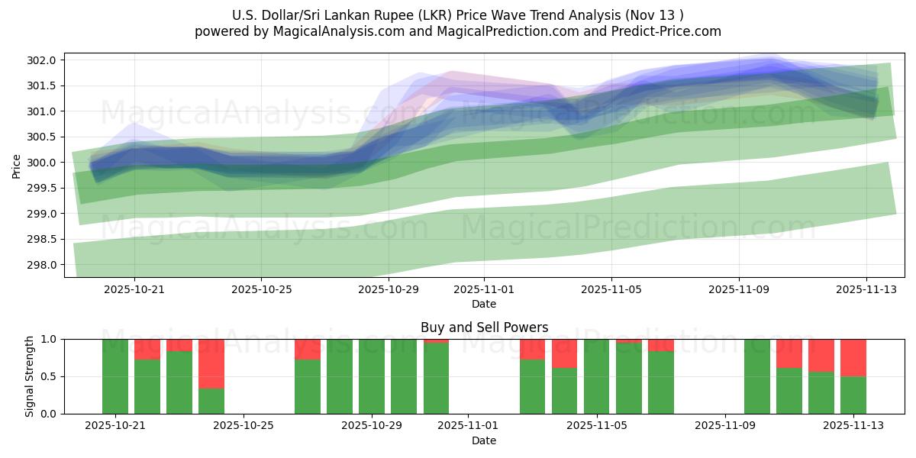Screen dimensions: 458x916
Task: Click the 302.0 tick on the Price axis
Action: pyautogui.click(x=43, y=60)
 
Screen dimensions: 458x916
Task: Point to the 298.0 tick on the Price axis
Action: pyautogui.click(x=43, y=265)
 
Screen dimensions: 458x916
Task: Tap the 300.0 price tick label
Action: pyautogui.click(x=43, y=163)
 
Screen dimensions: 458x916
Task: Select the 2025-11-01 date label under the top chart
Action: pyautogui.click(x=484, y=289)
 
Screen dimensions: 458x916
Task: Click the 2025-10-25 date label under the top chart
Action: pyautogui.click(x=262, y=289)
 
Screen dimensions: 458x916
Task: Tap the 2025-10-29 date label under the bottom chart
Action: pyautogui.click(x=372, y=426)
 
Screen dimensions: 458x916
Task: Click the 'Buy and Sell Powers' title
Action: pyautogui.click(x=484, y=327)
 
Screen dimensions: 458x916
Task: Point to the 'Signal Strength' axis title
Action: pyautogui.click(x=30, y=376)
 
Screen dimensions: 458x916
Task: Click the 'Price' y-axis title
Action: pyautogui.click(x=17, y=165)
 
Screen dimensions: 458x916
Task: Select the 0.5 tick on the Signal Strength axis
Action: pyautogui.click(x=48, y=376)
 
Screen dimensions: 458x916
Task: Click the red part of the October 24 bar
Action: pyautogui.click(x=211, y=363)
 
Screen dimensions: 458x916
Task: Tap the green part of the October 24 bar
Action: pyautogui.click(x=211, y=401)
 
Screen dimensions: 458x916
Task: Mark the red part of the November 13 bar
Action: pyautogui.click(x=853, y=357)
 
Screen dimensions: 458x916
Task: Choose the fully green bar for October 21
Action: pyautogui.click(x=115, y=376)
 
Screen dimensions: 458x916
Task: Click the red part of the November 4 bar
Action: pyautogui.click(x=565, y=353)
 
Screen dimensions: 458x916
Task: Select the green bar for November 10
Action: pyautogui.click(x=757, y=376)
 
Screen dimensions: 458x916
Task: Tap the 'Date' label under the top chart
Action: pyautogui.click(x=484, y=304)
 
